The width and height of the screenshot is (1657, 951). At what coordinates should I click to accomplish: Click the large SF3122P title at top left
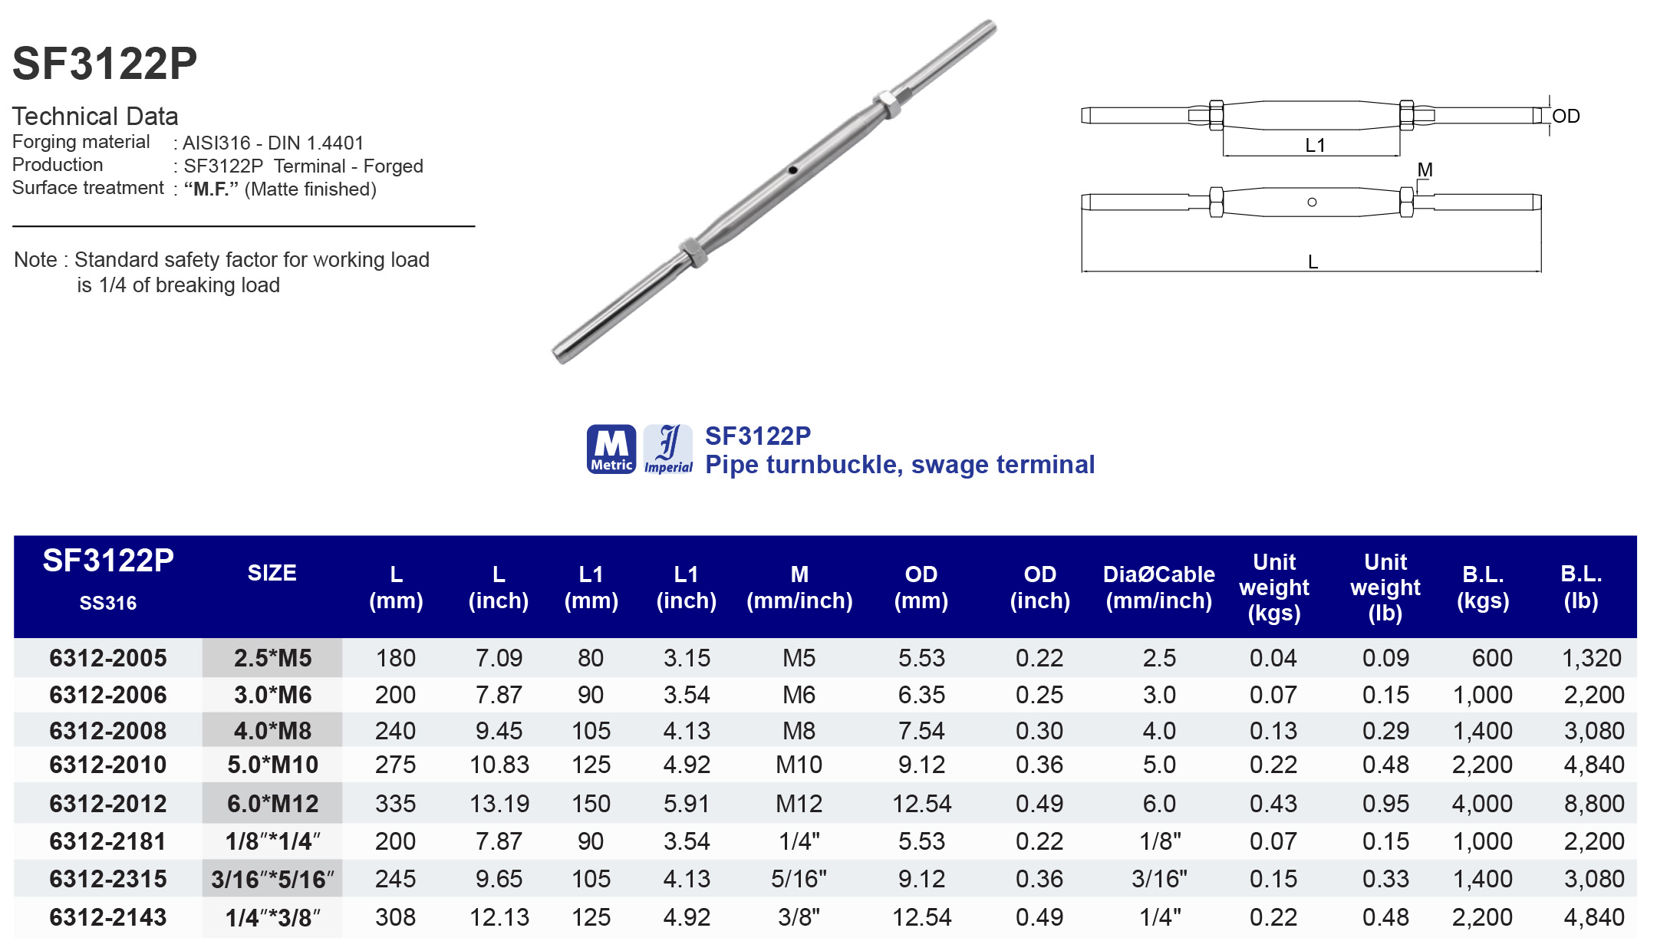point(105,63)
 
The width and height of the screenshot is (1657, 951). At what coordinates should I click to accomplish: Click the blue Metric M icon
point(611,449)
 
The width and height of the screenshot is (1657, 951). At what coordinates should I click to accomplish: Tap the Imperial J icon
point(668,449)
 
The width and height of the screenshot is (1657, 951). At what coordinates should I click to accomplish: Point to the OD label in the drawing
point(1566,117)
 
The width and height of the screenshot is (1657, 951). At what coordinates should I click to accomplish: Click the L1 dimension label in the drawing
point(1315,145)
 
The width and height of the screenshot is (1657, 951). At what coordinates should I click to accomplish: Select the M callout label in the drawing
point(1425,169)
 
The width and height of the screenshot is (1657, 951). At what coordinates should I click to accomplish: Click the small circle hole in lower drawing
point(1312,202)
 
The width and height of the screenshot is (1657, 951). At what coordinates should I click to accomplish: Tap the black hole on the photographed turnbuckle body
point(792,170)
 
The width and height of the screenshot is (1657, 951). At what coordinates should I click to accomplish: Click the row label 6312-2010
point(108,765)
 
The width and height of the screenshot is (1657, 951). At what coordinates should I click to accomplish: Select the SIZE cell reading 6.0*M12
point(272,804)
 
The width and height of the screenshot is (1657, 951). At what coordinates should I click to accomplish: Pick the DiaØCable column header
point(1158,587)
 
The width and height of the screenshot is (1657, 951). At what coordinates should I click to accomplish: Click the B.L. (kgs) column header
point(1482,587)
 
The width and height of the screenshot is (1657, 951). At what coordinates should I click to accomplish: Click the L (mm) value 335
point(395,804)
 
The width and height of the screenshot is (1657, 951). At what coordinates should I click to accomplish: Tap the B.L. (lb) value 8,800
point(1593,804)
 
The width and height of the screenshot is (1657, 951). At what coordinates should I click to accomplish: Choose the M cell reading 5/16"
point(799,879)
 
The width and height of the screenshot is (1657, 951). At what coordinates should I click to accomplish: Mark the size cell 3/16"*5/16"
point(272,880)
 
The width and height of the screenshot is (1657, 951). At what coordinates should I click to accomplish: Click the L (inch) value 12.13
point(499,917)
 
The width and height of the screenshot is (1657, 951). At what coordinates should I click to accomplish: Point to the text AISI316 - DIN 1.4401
point(272,143)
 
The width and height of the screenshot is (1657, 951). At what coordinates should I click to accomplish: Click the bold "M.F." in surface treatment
point(211,189)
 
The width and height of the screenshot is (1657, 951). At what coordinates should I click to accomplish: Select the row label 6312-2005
point(108,658)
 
